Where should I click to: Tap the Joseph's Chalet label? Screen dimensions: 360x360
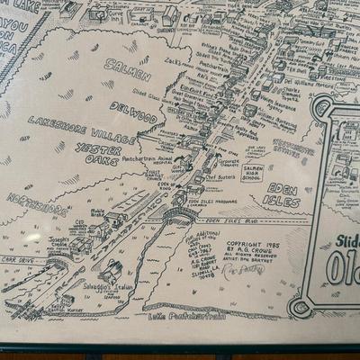[62, 244]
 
